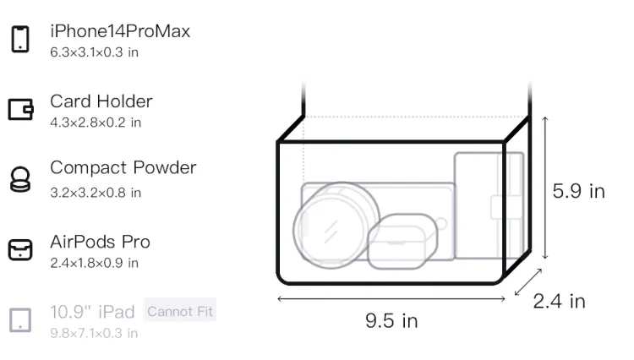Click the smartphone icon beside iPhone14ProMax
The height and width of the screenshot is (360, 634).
coord(20,39)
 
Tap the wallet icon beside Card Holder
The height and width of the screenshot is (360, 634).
coord(20,110)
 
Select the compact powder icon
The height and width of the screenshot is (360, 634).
coord(19,179)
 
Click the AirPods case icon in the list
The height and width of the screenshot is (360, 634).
coord(20,249)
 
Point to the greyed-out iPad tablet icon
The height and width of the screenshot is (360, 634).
coord(20,320)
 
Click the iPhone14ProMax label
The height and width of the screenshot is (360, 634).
coord(120,31)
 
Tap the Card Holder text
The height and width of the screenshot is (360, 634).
coord(101,101)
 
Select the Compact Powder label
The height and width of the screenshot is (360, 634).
coord(123,167)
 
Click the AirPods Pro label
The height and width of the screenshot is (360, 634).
coord(101,242)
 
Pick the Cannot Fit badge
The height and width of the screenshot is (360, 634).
coord(180,311)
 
